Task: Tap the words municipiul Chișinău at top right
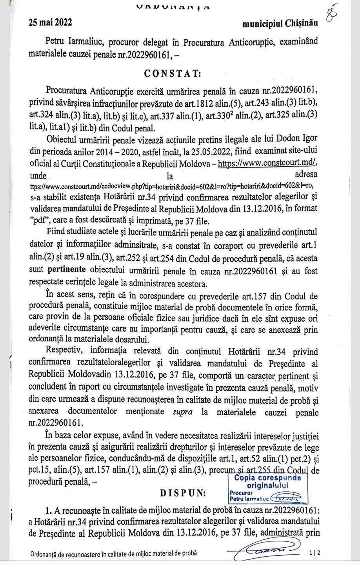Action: (x=280, y=24)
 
